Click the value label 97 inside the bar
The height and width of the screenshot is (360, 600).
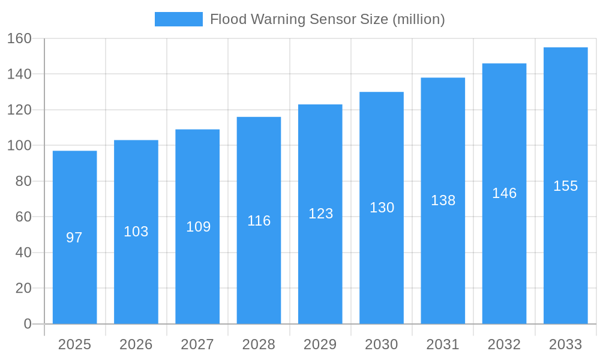click(74, 238)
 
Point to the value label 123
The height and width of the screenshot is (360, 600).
click(320, 214)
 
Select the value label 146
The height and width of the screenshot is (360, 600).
click(504, 193)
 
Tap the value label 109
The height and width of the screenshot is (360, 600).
click(198, 227)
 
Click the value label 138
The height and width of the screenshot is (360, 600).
click(443, 200)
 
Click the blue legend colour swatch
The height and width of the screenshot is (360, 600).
click(178, 19)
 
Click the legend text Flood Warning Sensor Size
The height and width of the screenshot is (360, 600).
click(327, 19)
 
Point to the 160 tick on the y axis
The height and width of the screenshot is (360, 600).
click(19, 38)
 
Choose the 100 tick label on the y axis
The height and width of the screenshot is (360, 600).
click(19, 145)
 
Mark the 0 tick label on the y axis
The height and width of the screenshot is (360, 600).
click(27, 324)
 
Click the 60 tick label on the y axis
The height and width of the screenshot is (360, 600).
click(23, 217)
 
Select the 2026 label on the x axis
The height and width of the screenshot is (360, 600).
click(136, 344)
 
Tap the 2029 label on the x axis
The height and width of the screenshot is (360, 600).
click(320, 344)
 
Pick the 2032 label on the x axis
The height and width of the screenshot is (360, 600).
click(504, 344)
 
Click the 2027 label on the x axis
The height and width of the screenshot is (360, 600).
click(197, 344)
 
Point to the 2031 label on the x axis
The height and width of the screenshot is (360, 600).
click(442, 344)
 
